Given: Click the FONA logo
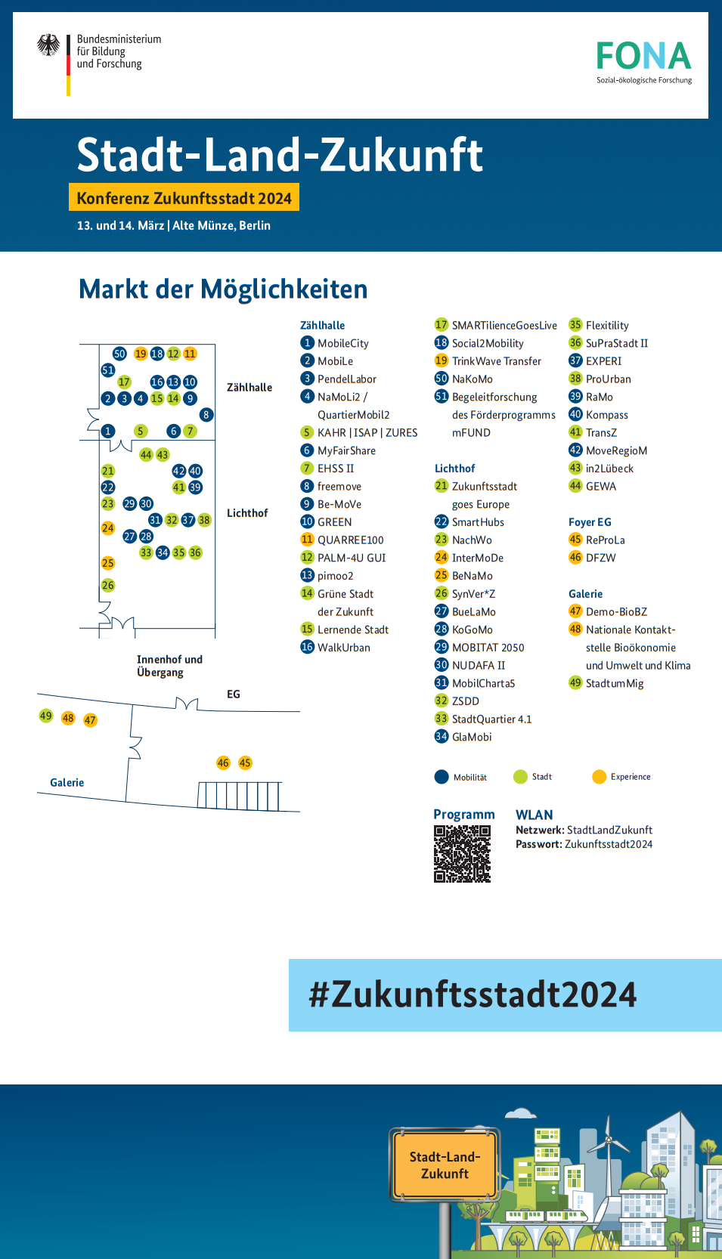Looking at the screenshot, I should pyautogui.click(x=643, y=60).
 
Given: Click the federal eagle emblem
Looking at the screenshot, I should pyautogui.click(x=49, y=45).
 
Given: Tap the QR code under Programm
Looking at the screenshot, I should pyautogui.click(x=462, y=853).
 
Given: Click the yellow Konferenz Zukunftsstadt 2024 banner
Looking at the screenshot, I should pyautogui.click(x=184, y=198).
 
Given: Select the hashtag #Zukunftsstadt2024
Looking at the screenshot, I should pyautogui.click(x=473, y=995).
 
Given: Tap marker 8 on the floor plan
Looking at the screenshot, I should pyautogui.click(x=206, y=415).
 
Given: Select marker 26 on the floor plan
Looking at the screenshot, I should pyautogui.click(x=108, y=585).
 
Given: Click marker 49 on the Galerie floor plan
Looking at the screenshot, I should pyautogui.click(x=46, y=716).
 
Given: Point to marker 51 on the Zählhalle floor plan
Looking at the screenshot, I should pyautogui.click(x=108, y=370).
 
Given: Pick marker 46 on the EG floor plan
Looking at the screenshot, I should pyautogui.click(x=223, y=763).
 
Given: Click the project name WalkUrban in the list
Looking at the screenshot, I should pyautogui.click(x=343, y=648).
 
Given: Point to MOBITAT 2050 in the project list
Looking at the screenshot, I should pyautogui.click(x=488, y=648).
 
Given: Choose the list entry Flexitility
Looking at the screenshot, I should pyautogui.click(x=607, y=326).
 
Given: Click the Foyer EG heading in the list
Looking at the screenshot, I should pyautogui.click(x=590, y=522).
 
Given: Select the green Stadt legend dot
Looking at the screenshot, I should pyautogui.click(x=520, y=777).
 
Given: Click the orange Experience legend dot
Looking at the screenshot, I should pyautogui.click(x=600, y=777).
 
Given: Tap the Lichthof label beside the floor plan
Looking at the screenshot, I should pyautogui.click(x=247, y=513).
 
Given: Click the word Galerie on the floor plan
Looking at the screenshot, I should pyautogui.click(x=67, y=783).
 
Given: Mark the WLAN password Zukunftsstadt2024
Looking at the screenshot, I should pyautogui.click(x=609, y=845).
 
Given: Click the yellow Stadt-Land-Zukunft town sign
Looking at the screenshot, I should pyautogui.click(x=445, y=1165).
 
